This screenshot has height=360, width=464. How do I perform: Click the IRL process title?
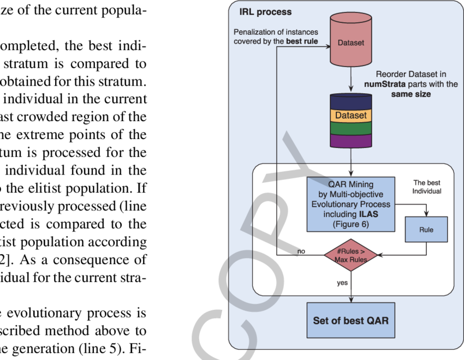pos(266,12)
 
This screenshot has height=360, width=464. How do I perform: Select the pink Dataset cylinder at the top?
pos(350,42)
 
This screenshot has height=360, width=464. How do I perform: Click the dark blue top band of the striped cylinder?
pos(350,102)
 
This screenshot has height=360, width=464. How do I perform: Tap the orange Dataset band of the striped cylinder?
pos(350,116)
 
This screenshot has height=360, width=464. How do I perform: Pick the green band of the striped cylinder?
pos(350,128)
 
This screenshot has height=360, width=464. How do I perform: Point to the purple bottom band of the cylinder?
pos(350,141)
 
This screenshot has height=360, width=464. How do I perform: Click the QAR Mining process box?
pos(350,204)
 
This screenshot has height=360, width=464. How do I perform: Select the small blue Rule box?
pos(426,230)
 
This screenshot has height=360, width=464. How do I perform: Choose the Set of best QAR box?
pos(350,320)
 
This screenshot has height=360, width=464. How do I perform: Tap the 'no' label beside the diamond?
pos(301,251)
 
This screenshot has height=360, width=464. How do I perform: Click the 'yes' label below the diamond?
pos(343,283)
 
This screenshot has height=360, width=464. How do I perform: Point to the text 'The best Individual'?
pos(426,187)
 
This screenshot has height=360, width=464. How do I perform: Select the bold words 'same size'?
pos(411,94)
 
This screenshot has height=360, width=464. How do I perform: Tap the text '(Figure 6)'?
pos(350,224)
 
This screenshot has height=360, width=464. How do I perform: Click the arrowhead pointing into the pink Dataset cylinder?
pos(329,47)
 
